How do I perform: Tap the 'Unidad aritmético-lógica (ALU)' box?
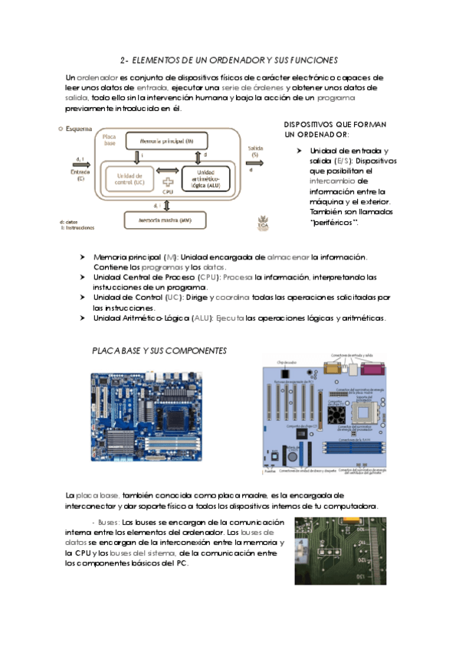(x=205, y=179)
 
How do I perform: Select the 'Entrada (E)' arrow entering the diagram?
(x=80, y=170)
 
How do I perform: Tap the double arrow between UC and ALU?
(x=167, y=170)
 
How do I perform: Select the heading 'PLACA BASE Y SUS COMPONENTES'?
(x=159, y=350)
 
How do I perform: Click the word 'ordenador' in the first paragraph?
(x=97, y=77)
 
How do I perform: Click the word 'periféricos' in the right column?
(x=334, y=221)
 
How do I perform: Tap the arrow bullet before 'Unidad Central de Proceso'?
(x=84, y=276)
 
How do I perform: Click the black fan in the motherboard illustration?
(x=336, y=414)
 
